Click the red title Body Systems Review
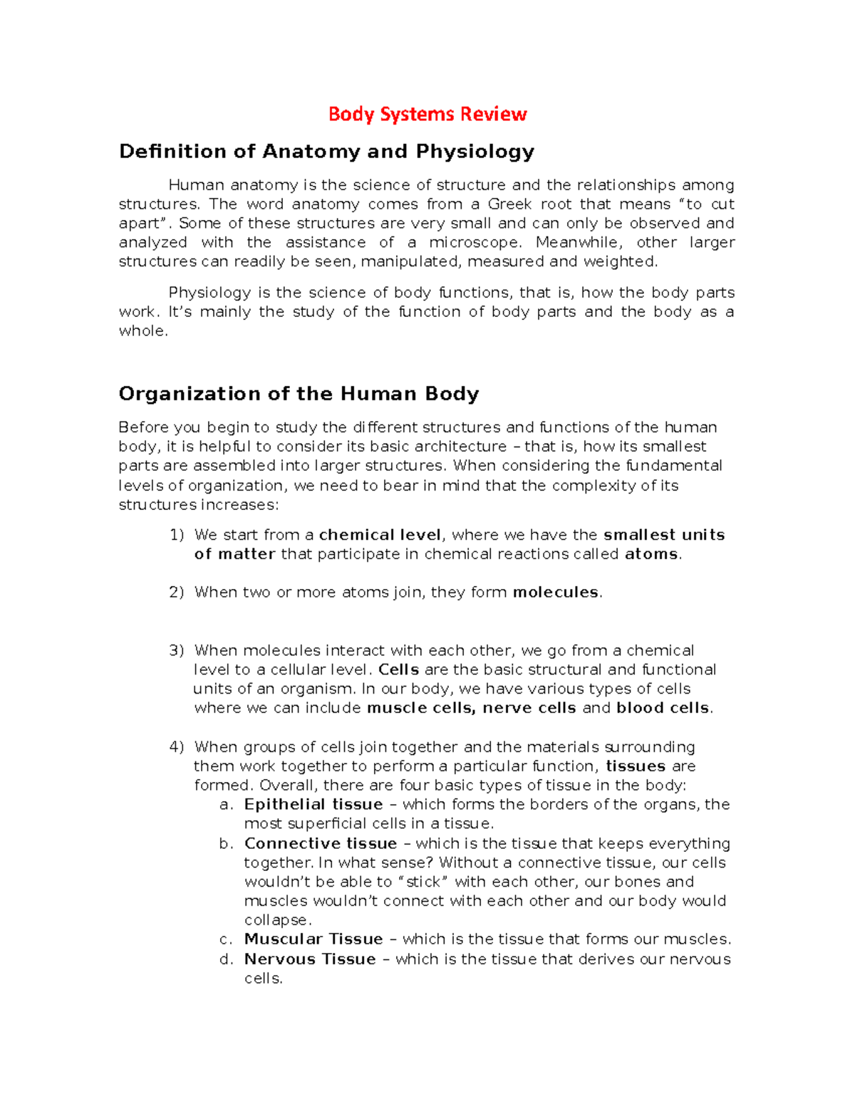tap(427, 114)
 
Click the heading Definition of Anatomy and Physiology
tap(326, 152)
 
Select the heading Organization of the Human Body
tap(299, 394)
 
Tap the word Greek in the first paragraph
tap(510, 204)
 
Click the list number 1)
tap(176, 535)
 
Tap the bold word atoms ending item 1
tap(651, 554)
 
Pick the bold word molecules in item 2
tap(556, 593)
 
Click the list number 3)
tap(176, 650)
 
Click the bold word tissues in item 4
tap(636, 766)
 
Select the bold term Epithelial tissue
tap(313, 805)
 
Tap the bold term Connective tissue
tap(321, 844)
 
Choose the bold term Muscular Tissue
tap(313, 939)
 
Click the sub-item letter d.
tap(227, 959)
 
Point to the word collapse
tap(276, 921)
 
